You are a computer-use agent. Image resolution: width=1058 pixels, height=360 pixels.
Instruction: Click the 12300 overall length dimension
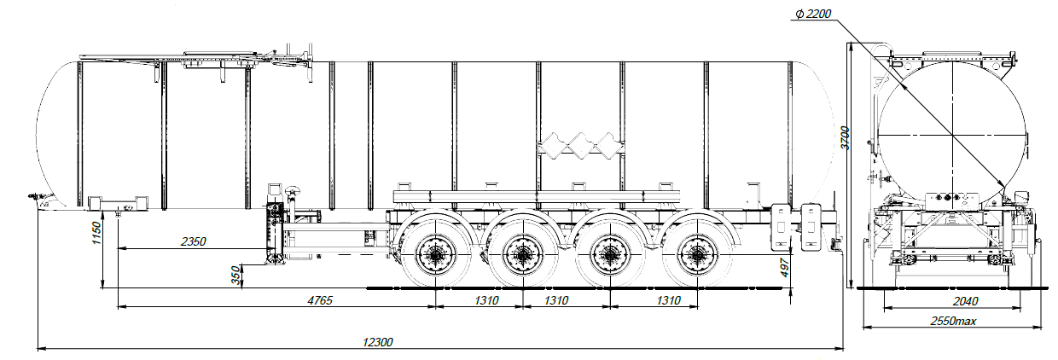click(377, 342)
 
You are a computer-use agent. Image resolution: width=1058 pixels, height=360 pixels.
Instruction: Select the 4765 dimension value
click(320, 300)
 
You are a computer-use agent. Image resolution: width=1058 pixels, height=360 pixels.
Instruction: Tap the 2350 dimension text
click(193, 242)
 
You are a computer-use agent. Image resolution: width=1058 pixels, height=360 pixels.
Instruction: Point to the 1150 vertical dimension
click(96, 233)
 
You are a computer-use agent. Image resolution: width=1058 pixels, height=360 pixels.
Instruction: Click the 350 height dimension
click(235, 276)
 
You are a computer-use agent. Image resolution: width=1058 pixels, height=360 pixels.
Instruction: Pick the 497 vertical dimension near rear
click(784, 268)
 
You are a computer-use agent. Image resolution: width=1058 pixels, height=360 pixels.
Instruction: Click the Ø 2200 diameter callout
click(813, 15)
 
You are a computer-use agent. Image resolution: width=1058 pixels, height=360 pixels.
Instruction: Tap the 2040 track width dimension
click(966, 301)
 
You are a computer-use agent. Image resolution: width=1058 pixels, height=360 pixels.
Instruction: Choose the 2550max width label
click(953, 322)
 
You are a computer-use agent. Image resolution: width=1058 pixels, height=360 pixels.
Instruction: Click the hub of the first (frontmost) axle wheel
click(435, 255)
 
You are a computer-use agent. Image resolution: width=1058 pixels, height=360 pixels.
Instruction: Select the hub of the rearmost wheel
click(697, 255)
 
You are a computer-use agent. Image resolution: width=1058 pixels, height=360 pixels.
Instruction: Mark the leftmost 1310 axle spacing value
click(486, 300)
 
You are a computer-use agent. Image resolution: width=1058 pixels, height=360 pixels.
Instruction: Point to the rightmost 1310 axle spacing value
click(668, 300)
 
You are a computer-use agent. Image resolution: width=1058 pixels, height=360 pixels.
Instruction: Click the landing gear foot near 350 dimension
click(274, 259)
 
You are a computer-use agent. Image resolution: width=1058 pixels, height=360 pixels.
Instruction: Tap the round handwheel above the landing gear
click(293, 191)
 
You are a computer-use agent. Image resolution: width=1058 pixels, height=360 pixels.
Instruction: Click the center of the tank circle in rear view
click(952, 136)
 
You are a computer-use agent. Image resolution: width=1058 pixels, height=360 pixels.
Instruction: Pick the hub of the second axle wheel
click(522, 255)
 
